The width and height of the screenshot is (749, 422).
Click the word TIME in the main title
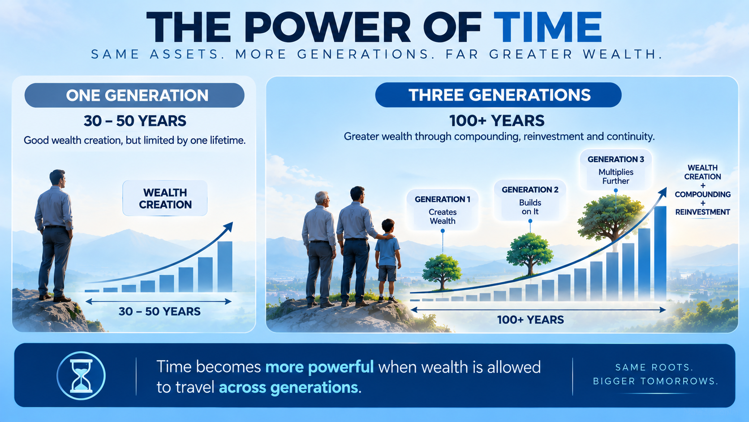click(x=548, y=27)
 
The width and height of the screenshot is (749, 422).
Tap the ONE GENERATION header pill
click(x=134, y=96)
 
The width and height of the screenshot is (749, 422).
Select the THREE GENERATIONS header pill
click(x=498, y=95)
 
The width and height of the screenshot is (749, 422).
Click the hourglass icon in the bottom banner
click(x=81, y=375)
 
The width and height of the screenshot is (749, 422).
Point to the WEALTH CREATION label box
click(x=165, y=198)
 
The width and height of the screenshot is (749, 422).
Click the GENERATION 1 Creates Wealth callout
click(x=443, y=210)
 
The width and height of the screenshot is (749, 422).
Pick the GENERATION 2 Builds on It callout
click(x=530, y=200)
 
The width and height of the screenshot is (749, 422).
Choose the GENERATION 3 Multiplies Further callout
click(x=616, y=170)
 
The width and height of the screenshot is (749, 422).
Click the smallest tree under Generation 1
click(x=442, y=271)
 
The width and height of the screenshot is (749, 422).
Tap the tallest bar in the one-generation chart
click(x=225, y=266)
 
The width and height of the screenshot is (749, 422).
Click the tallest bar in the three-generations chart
click(x=660, y=253)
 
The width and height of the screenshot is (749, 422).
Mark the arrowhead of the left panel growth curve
click(x=229, y=226)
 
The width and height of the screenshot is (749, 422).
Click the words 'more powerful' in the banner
click(x=319, y=367)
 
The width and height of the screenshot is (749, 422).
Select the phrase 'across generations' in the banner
click(x=288, y=387)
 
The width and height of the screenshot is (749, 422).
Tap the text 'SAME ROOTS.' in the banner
click(x=654, y=367)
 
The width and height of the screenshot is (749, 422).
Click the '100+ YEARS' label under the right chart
click(x=530, y=320)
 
